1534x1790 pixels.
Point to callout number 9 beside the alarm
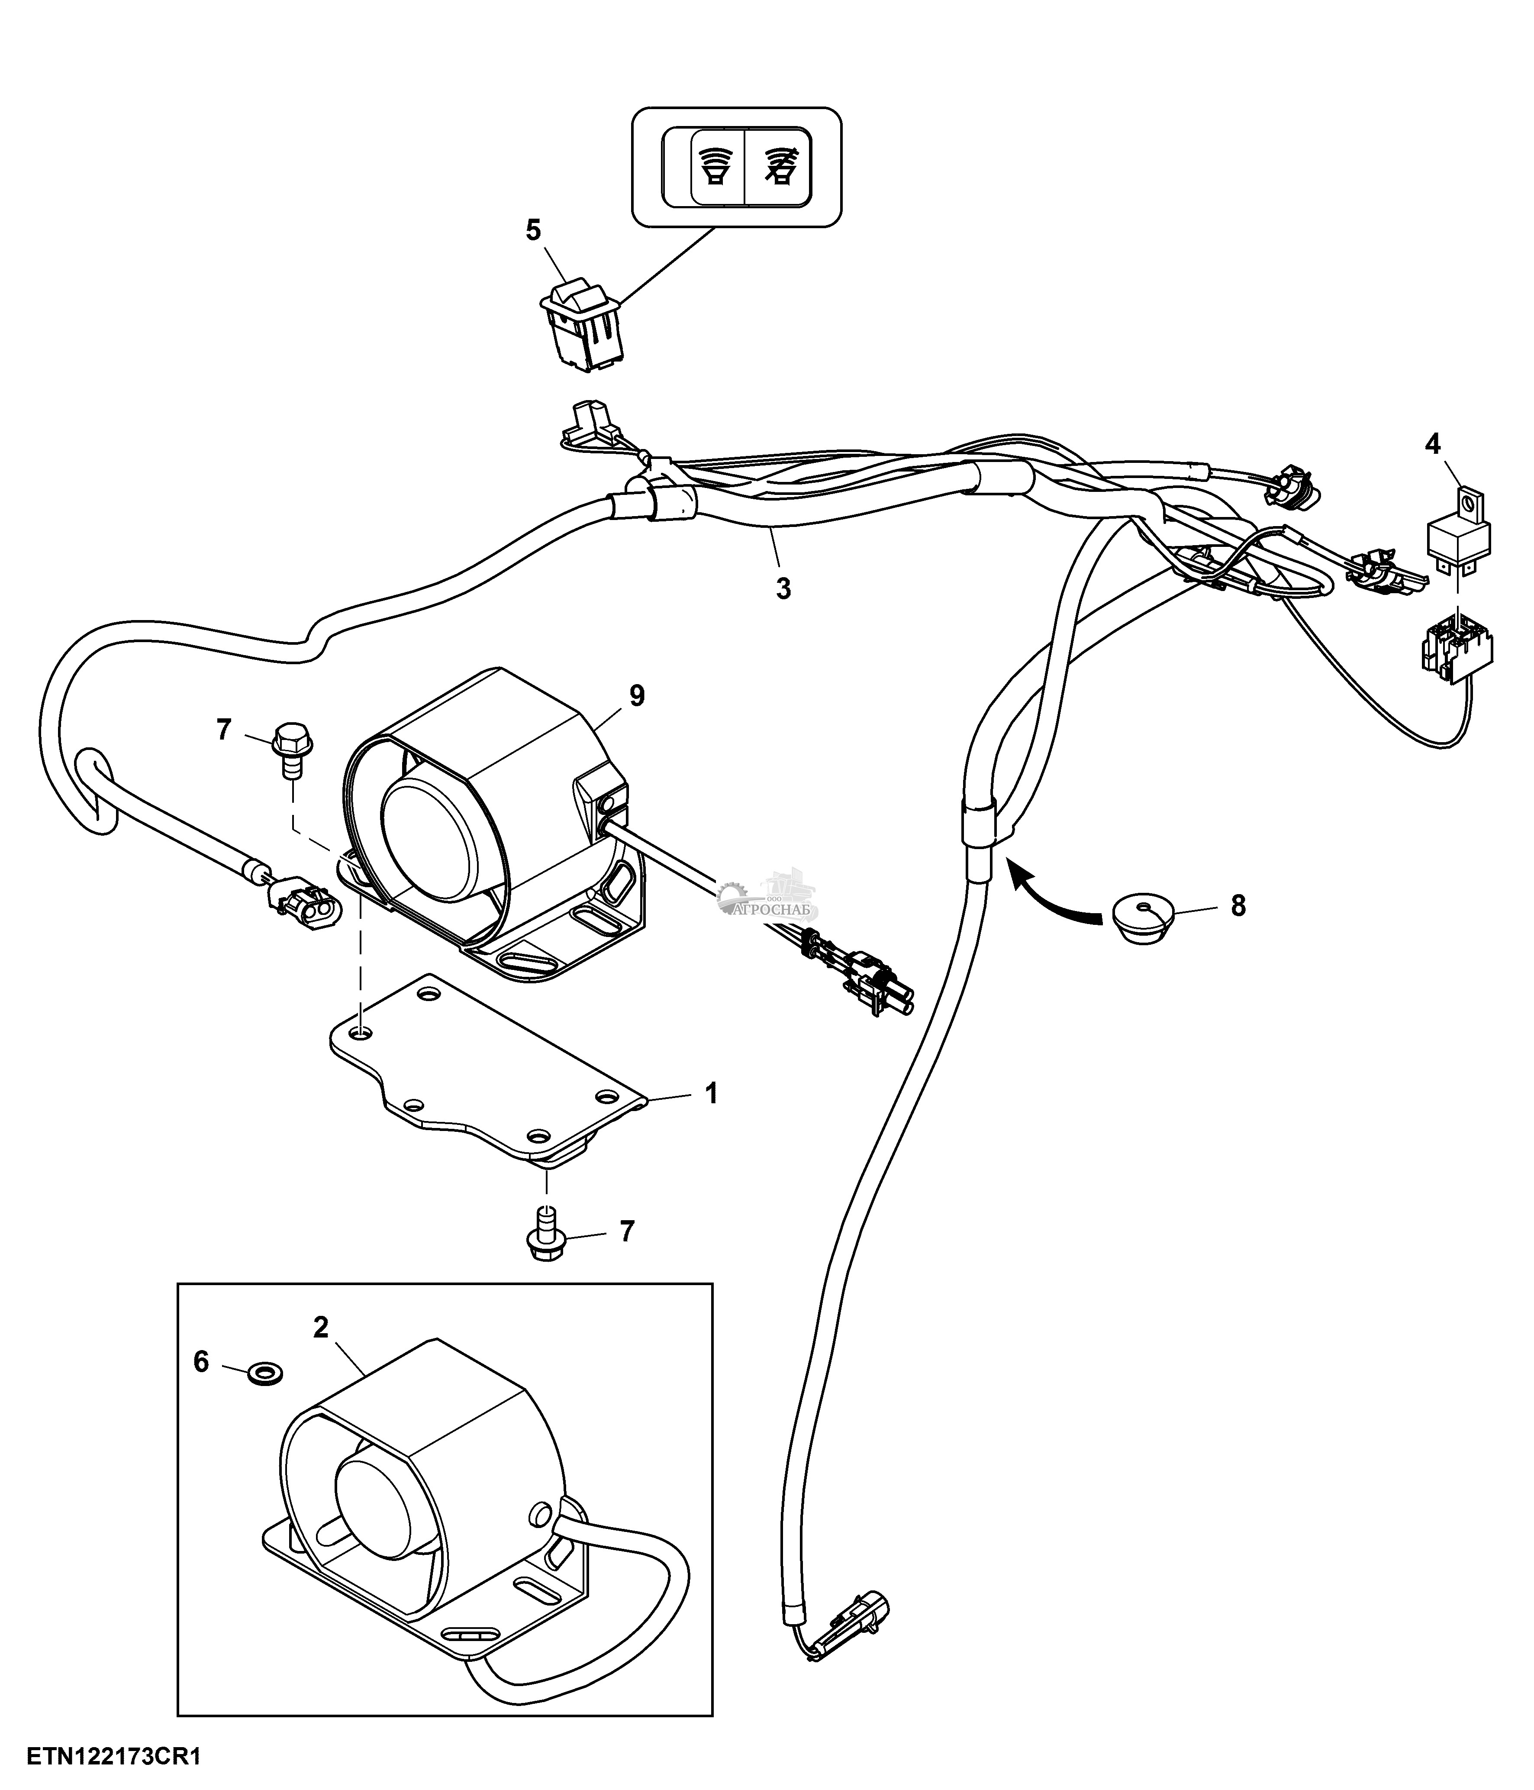coord(637,696)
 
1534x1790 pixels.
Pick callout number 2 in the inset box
coord(320,1328)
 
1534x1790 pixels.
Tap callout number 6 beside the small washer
coord(201,1362)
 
